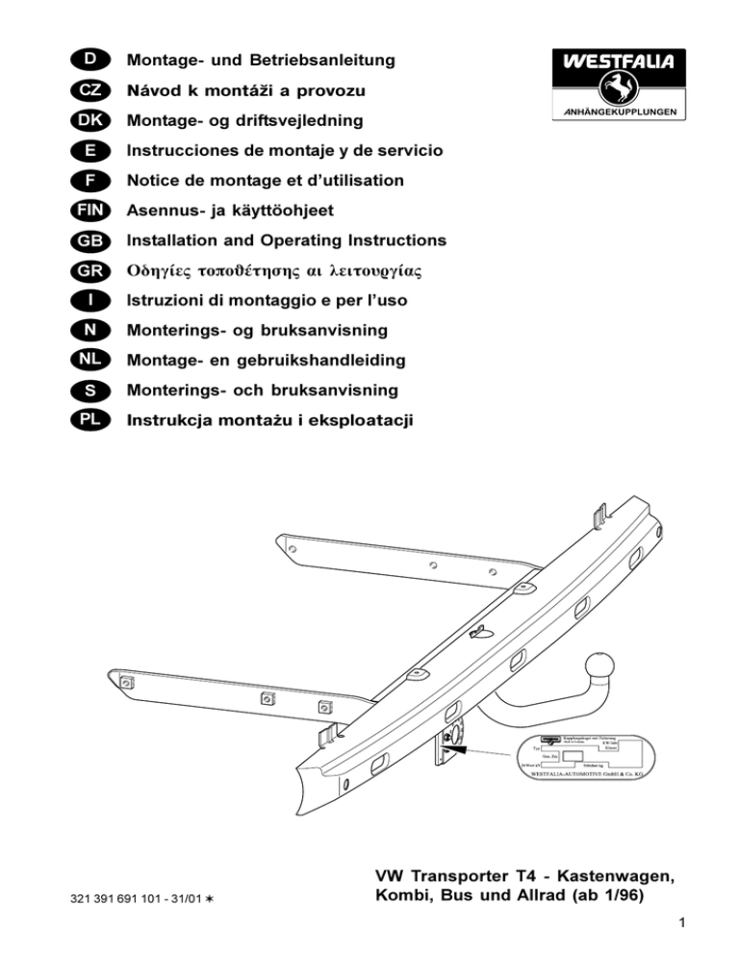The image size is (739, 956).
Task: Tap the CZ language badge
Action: tap(89, 92)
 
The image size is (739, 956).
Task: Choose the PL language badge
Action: tap(89, 420)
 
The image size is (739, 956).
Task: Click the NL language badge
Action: tap(89, 361)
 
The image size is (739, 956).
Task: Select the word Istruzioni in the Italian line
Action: tap(166, 301)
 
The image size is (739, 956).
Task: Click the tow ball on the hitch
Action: tap(599, 666)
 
